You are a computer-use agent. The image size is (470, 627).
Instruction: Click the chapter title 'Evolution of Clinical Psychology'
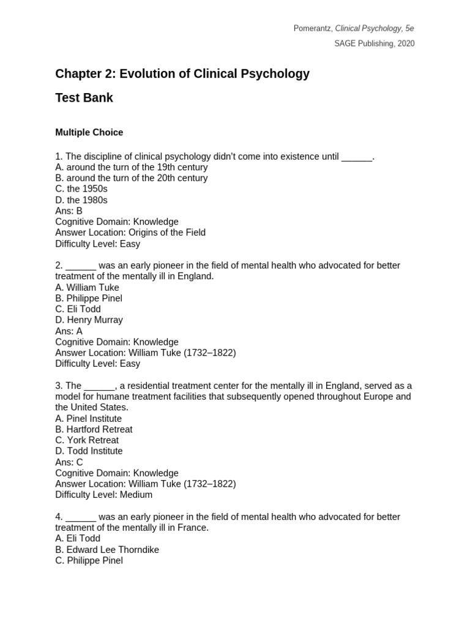tap(214, 74)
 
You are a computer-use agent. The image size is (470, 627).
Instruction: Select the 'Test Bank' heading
tap(84, 98)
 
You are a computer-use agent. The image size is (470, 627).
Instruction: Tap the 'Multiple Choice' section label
tap(89, 132)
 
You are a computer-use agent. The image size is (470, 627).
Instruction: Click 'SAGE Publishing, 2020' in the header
tap(374, 43)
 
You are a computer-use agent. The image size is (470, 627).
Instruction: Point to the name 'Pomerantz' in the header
tap(312, 29)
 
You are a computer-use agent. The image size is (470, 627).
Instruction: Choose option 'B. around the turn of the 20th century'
tap(132, 178)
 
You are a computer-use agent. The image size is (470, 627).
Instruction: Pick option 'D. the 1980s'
tap(81, 200)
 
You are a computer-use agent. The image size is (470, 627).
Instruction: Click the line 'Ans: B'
tap(69, 211)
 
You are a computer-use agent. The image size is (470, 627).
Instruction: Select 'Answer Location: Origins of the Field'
tap(130, 233)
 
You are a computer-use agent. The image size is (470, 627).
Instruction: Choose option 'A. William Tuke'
tap(87, 288)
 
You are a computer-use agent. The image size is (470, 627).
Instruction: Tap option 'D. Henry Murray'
tap(89, 320)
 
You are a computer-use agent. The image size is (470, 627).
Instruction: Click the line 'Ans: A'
tap(69, 331)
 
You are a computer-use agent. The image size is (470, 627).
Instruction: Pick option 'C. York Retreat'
tap(87, 440)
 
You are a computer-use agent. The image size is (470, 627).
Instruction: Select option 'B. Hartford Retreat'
tap(94, 429)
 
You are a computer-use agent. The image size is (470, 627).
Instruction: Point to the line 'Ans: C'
tap(69, 462)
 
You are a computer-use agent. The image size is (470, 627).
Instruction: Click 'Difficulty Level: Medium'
tap(103, 495)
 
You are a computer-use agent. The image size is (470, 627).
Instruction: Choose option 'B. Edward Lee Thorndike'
tap(107, 550)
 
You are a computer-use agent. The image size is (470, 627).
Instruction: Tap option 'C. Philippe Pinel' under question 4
tap(89, 560)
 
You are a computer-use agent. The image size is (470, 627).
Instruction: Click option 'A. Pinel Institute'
tap(88, 419)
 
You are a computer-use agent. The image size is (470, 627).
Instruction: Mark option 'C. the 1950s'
tap(81, 189)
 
